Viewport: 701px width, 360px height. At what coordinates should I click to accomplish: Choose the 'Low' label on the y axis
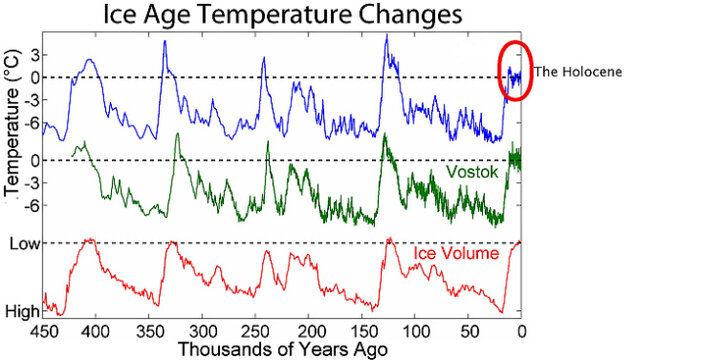pyautogui.click(x=23, y=243)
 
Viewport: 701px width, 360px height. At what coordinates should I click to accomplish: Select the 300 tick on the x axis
pyautogui.click(x=202, y=331)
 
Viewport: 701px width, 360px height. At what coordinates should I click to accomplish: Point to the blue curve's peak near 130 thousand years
pyautogui.click(x=386, y=37)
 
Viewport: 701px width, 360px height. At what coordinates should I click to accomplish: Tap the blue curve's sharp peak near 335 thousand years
pyautogui.click(x=165, y=42)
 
